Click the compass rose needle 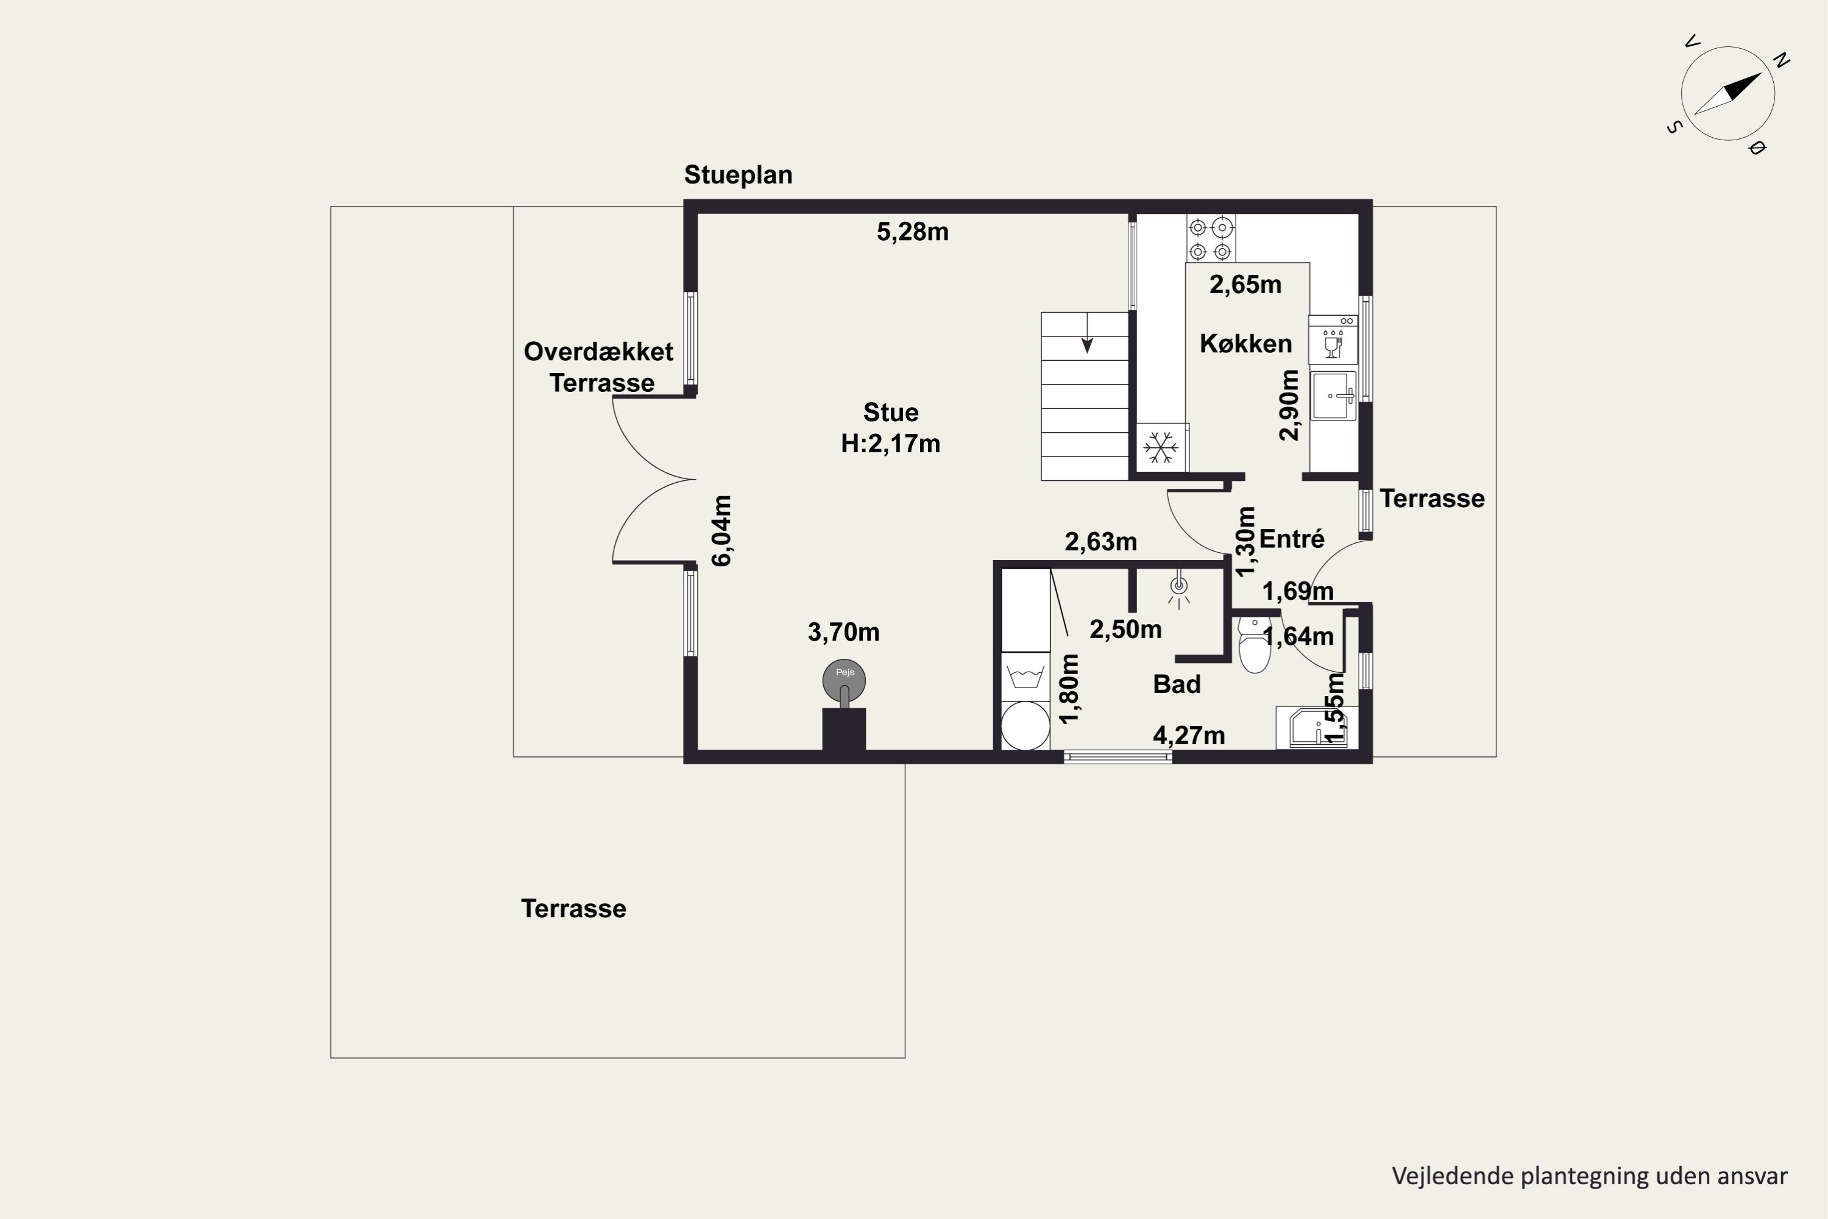point(1727,93)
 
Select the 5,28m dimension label point(912,232)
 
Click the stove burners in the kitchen point(1210,239)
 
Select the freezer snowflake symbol point(1161,448)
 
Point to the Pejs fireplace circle point(844,680)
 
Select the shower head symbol point(1179,590)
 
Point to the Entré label point(1292,539)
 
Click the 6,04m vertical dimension point(722,531)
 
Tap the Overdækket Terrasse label point(599,367)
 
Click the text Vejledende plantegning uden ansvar point(1589,1177)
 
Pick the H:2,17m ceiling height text point(891,444)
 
